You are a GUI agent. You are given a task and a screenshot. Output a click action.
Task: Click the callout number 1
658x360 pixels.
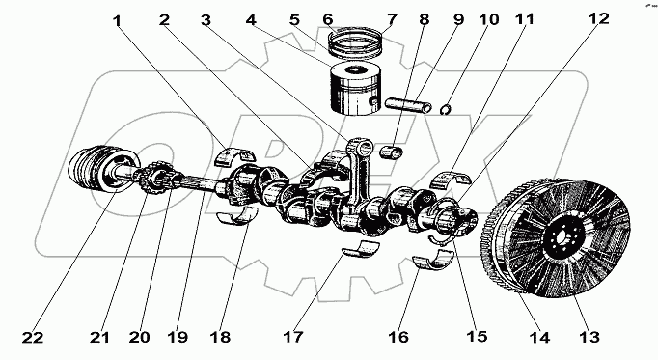click(118, 20)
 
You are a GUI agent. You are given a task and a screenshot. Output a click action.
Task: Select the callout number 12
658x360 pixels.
click(598, 18)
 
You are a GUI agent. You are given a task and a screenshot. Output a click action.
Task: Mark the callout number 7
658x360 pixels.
click(392, 19)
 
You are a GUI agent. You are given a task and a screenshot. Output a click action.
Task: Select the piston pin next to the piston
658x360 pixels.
click(408, 104)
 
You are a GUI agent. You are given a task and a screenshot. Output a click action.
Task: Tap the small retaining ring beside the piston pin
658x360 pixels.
click(448, 109)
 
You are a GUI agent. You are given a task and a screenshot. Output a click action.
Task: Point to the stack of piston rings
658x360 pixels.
click(355, 42)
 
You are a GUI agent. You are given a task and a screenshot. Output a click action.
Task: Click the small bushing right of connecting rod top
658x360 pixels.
click(392, 152)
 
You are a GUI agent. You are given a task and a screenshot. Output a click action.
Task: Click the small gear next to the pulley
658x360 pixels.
click(157, 178)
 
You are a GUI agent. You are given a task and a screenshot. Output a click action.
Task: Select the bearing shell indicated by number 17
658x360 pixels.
click(360, 248)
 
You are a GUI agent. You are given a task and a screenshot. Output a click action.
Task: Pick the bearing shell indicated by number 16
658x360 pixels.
click(433, 260)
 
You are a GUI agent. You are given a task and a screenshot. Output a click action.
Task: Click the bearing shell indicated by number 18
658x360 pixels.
click(236, 215)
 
